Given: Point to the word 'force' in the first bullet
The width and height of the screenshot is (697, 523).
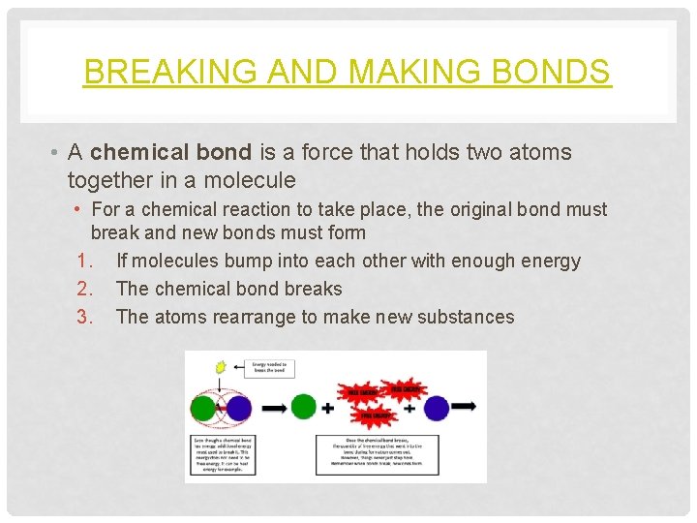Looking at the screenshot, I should pyautogui.click(x=364, y=152).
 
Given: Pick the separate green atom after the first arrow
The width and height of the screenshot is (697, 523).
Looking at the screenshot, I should pyautogui.click(x=303, y=407).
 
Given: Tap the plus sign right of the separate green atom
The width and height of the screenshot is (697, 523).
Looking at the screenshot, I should pyautogui.click(x=327, y=408).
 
